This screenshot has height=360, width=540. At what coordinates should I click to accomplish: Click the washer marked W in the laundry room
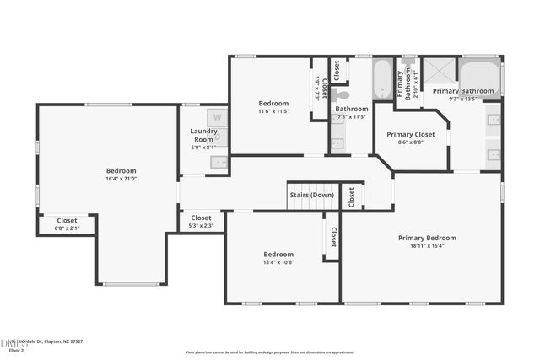click(217, 117)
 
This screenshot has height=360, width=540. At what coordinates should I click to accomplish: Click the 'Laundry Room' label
click(203, 135)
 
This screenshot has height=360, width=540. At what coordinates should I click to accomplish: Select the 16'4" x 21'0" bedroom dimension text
click(121, 179)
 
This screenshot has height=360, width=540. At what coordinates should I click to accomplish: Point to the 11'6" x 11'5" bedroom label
click(273, 111)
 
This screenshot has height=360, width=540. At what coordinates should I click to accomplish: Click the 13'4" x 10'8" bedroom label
click(278, 262)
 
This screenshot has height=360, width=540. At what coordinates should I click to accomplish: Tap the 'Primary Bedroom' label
click(427, 238)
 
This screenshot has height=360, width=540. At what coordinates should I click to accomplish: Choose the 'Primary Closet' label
click(410, 134)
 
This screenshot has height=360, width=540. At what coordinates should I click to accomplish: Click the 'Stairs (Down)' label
click(312, 195)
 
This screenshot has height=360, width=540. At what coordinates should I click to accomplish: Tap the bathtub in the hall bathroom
click(382, 80)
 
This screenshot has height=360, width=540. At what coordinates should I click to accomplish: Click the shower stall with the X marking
click(439, 71)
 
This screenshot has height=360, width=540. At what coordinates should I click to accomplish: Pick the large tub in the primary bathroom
click(479, 78)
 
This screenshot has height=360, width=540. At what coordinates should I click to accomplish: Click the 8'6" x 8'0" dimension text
click(410, 142)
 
